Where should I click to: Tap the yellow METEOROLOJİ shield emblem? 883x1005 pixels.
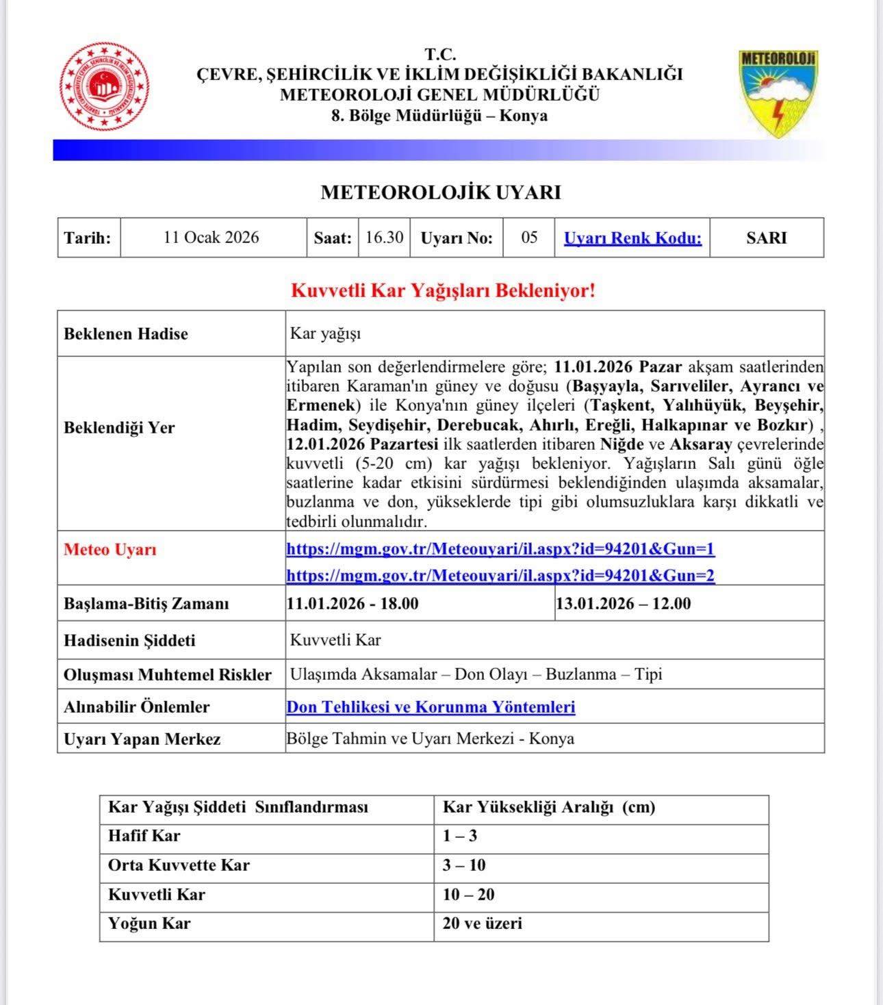click(x=779, y=92)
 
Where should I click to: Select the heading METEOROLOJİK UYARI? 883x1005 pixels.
click(x=441, y=193)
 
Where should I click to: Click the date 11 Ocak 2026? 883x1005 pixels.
click(x=212, y=238)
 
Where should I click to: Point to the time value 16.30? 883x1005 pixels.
click(x=384, y=238)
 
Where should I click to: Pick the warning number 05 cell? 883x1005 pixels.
click(x=529, y=238)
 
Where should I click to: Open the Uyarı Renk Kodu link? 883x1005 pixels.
click(x=632, y=238)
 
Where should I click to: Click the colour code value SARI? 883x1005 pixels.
click(x=767, y=238)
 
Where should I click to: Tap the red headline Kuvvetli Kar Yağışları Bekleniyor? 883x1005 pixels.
click(x=444, y=291)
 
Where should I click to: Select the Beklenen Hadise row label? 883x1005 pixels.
click(x=126, y=334)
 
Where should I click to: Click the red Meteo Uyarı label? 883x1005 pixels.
click(x=110, y=550)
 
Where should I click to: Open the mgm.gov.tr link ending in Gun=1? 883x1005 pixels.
click(x=500, y=549)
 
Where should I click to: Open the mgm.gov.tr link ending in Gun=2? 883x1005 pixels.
click(x=500, y=575)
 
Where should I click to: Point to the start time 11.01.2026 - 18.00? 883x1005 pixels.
click(x=353, y=604)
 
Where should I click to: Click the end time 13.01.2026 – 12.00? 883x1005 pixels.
click(x=624, y=604)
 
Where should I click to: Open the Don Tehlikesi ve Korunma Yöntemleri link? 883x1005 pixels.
click(x=431, y=707)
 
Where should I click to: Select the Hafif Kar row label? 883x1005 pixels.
click(x=144, y=836)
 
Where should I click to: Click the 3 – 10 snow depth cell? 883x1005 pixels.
click(x=464, y=865)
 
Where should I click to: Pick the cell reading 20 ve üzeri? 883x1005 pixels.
click(x=483, y=924)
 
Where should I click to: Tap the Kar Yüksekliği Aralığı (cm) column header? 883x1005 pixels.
click(x=549, y=807)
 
